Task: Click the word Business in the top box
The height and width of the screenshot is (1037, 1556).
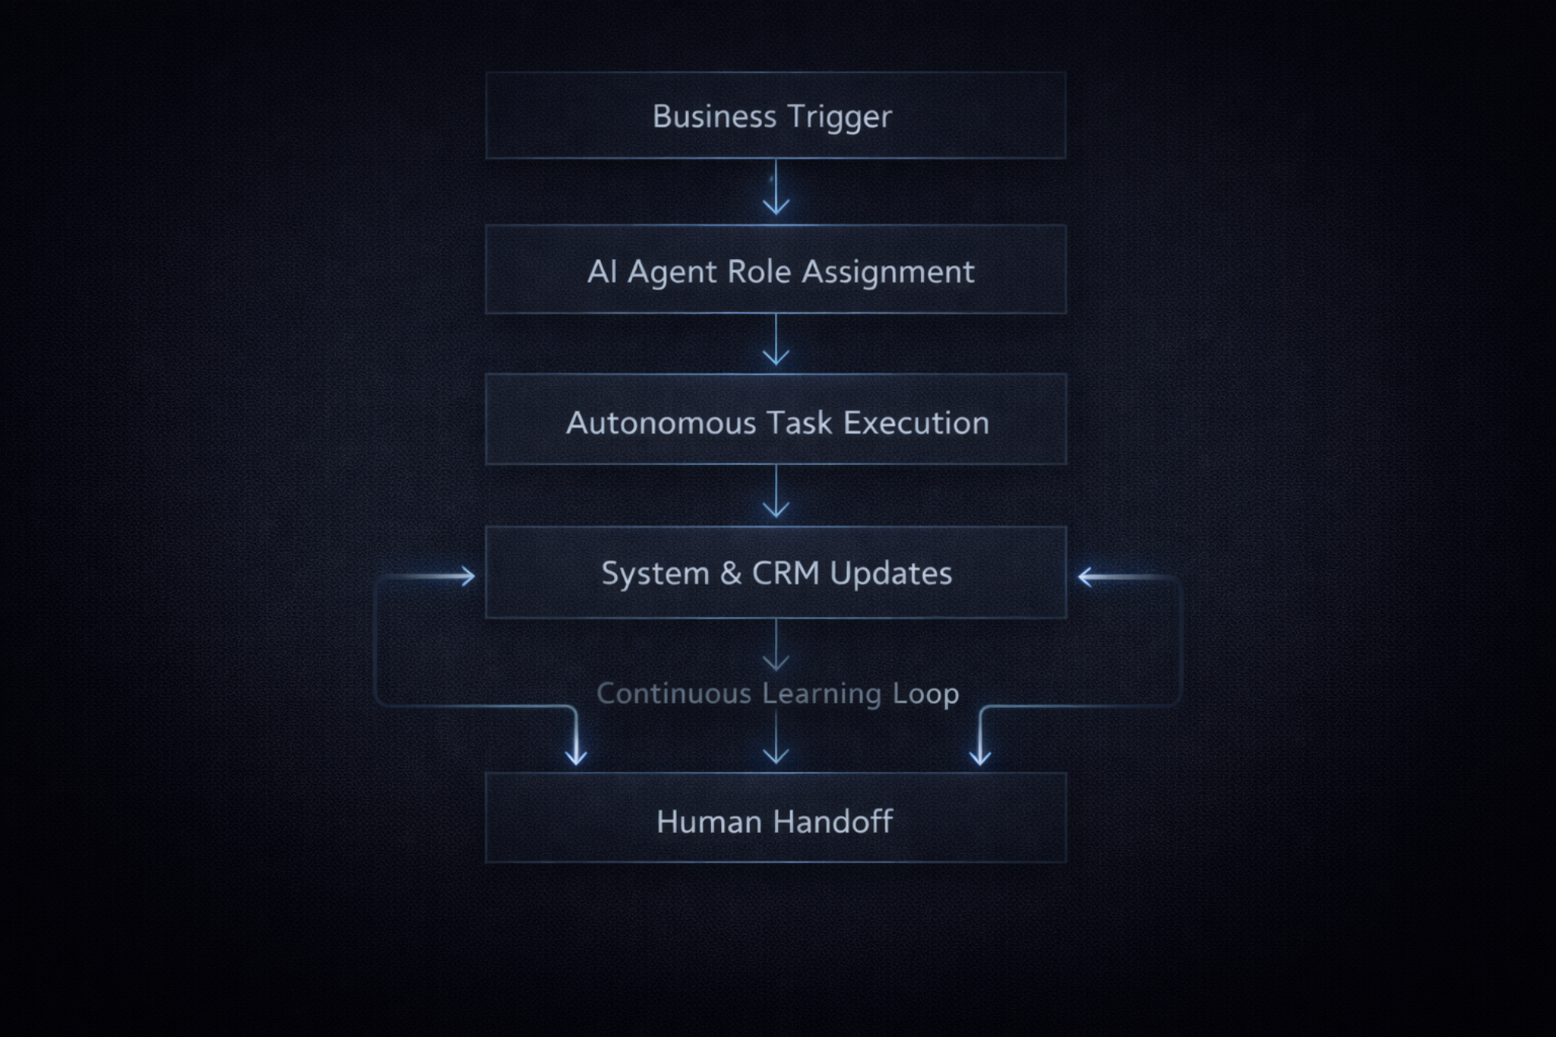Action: [713, 116]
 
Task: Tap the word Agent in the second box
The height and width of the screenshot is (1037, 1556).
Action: [672, 272]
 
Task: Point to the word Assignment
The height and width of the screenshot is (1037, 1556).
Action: [887, 272]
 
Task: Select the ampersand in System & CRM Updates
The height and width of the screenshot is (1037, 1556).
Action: [731, 574]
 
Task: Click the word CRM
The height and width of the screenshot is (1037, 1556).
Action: [786, 574]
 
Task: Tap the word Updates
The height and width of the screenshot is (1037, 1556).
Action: [890, 574]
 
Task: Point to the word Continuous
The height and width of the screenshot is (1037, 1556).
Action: [673, 694]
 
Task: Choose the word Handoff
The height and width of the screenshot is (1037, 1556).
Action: [833, 822]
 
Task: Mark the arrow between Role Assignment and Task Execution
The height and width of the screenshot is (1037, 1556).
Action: [776, 342]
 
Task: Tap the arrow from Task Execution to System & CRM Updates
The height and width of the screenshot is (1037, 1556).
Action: [776, 494]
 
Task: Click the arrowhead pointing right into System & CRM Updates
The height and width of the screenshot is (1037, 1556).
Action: [466, 577]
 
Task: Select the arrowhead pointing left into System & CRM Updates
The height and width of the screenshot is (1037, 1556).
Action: [1086, 577]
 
